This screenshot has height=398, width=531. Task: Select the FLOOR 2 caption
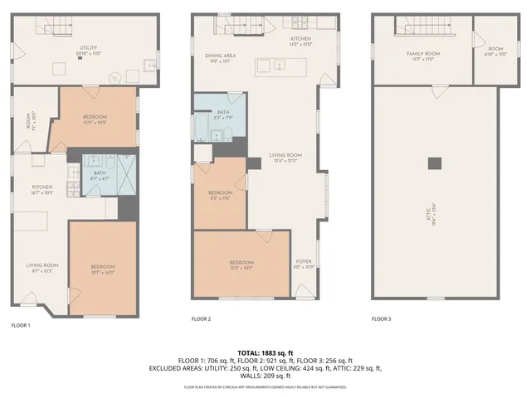click(201, 318)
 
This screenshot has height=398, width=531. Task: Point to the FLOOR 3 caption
click(381, 318)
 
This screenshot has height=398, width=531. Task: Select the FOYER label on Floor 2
click(304, 264)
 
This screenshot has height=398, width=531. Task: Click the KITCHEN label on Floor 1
click(42, 190)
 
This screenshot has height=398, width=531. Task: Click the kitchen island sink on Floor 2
click(270, 65)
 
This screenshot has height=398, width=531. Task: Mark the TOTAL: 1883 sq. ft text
click(265, 352)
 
